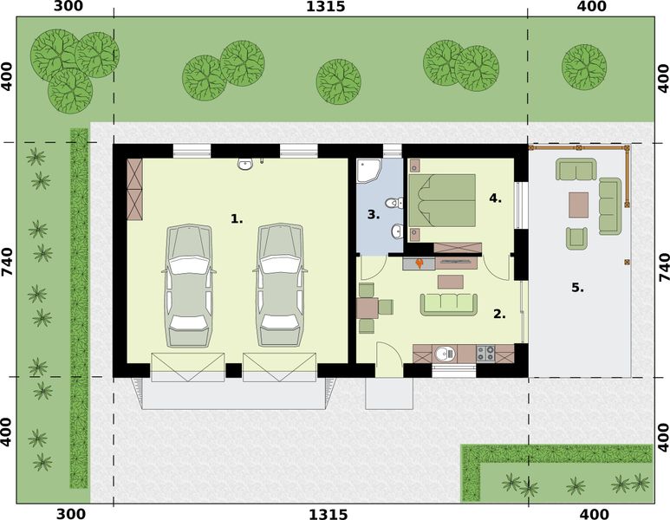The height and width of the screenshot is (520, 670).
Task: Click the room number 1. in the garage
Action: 237,219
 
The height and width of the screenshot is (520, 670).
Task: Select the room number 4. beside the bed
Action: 495,198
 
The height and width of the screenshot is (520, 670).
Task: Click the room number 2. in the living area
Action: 499,314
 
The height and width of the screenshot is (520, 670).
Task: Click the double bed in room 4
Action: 446,200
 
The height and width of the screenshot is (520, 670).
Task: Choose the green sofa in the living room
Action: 448,302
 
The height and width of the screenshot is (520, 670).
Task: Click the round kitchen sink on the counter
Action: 445,353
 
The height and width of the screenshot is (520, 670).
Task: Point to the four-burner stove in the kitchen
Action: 485,353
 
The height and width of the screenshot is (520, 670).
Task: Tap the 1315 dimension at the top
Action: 326,8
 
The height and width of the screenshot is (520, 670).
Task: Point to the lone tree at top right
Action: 584,66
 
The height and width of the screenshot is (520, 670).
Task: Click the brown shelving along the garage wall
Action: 133,188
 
